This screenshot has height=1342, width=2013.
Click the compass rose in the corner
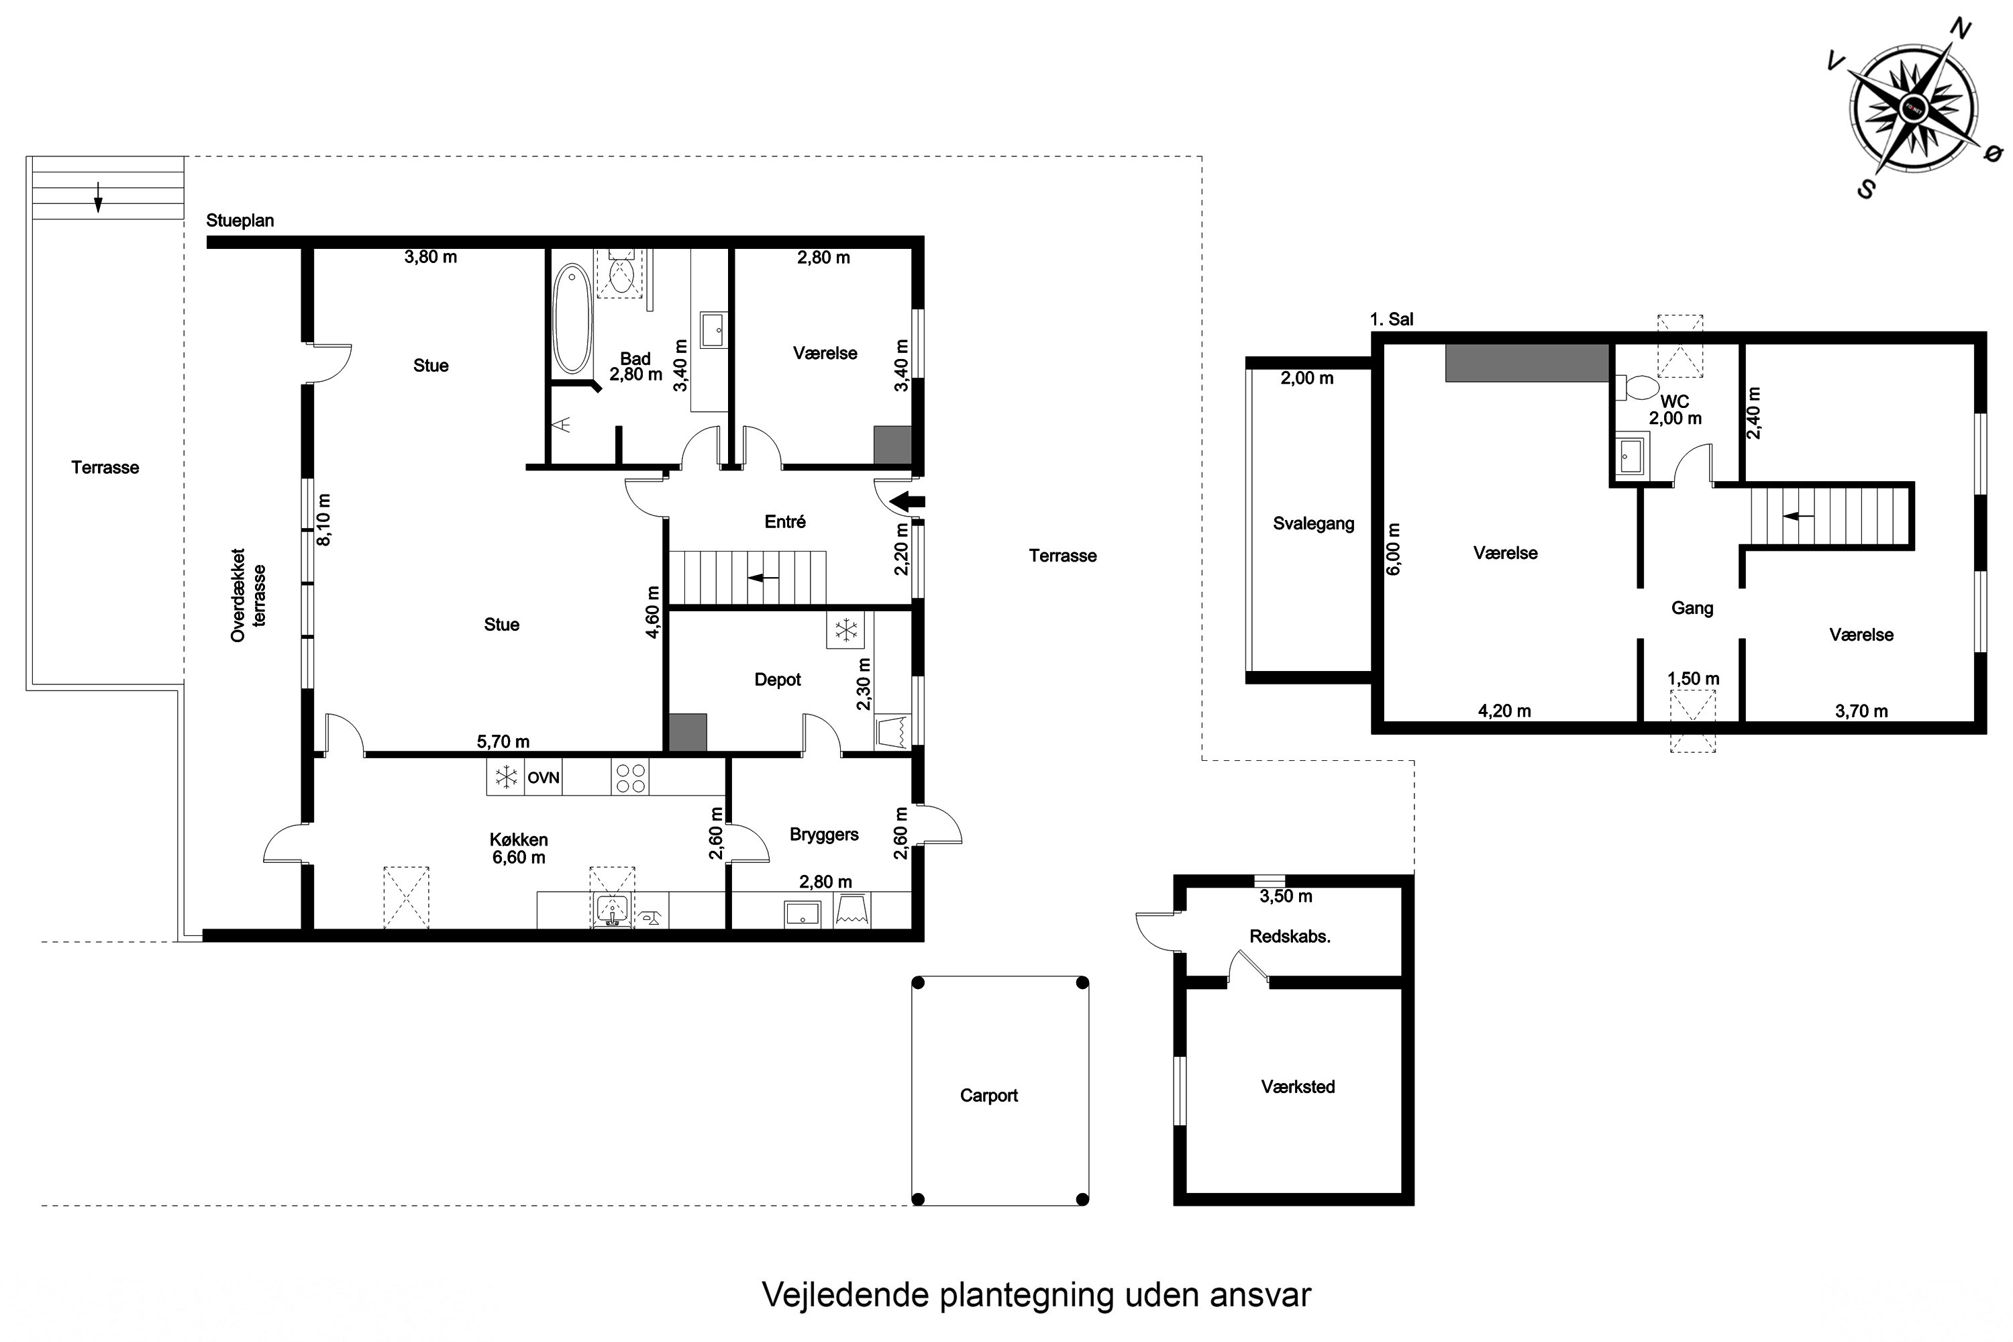click(1913, 108)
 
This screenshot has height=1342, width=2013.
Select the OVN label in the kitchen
click(544, 778)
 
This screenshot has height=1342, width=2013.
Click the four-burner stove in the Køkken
click(630, 778)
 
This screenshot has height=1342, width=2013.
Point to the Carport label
click(988, 1096)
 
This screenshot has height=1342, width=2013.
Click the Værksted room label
click(1298, 1087)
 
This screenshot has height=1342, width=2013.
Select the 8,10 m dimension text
click(323, 519)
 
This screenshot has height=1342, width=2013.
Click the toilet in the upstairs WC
click(1637, 388)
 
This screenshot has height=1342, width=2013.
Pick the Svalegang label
click(1314, 524)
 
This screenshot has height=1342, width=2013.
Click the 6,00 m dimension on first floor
click(1394, 549)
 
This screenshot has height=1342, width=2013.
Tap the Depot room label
click(777, 680)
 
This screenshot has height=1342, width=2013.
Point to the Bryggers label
click(824, 835)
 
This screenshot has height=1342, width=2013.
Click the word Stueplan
click(240, 221)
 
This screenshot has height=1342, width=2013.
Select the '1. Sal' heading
click(1392, 319)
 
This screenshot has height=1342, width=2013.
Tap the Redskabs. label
click(1290, 936)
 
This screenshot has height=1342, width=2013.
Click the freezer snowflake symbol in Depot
click(845, 631)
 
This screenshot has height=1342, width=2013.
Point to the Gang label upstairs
click(1692, 609)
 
